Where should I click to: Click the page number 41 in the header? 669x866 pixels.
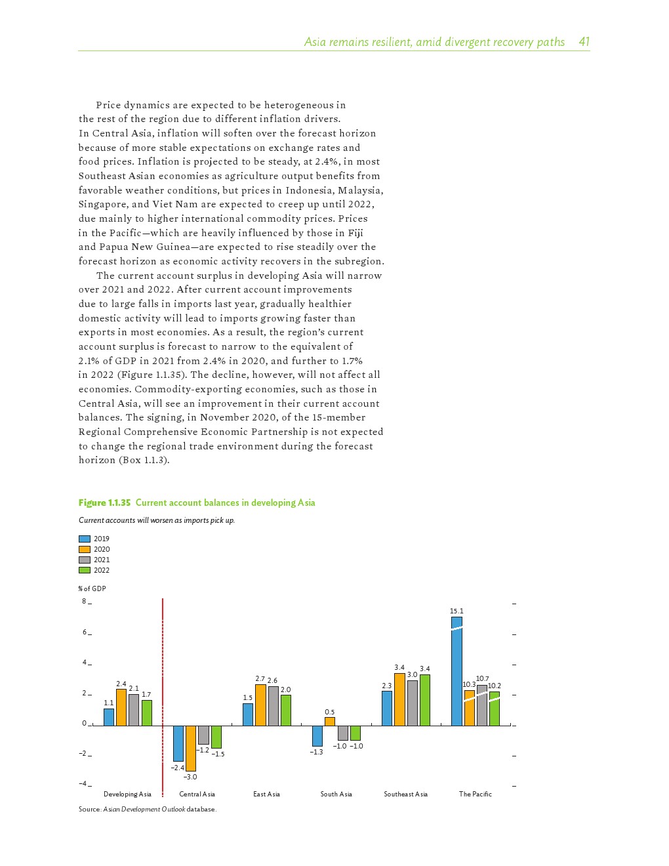tap(584, 42)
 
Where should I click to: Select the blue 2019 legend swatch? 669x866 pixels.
tap(85, 539)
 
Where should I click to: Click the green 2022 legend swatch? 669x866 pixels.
tap(85, 570)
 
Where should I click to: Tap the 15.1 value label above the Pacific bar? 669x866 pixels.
tap(456, 611)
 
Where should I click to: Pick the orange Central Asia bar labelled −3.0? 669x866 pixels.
tap(191, 748)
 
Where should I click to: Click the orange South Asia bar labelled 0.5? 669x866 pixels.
tap(330, 721)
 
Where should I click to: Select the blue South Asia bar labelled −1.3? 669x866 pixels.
tap(317, 735)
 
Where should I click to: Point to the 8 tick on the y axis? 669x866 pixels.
tap(84, 601)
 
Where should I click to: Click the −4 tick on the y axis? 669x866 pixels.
tap(83, 783)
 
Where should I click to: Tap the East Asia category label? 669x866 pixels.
tap(266, 794)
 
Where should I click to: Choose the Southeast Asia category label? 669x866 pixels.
tap(405, 794)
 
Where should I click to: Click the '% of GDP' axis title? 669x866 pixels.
tap(92, 588)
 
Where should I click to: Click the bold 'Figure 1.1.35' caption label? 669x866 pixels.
tap(104, 503)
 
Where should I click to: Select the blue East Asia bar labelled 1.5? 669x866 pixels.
tap(248, 714)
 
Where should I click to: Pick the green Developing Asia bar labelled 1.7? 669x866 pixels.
tap(147, 712)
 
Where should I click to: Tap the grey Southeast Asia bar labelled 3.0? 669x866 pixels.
tap(413, 703)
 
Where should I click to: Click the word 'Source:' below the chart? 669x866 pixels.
tap(90, 809)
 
